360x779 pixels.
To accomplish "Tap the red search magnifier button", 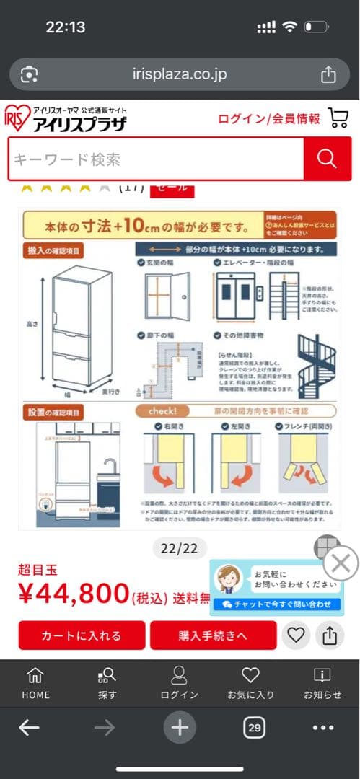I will point(327,159).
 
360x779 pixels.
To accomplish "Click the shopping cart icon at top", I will point(338,118).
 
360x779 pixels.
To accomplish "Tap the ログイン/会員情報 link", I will point(269,119).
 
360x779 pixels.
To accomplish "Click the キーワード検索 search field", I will point(155,159).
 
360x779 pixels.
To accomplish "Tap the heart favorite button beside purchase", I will point(297,635).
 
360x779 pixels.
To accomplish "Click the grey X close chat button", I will point(341,563).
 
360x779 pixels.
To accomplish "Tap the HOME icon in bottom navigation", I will point(35,682).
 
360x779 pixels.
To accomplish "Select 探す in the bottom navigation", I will point(107,682).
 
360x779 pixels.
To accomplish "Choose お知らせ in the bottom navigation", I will point(322,682).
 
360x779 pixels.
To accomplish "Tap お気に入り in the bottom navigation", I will point(250,682).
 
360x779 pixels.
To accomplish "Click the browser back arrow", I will point(29,728).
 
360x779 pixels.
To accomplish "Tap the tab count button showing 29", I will point(254,728).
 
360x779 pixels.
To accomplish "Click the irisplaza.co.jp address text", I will point(179,74).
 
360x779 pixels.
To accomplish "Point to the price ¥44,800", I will point(74,594).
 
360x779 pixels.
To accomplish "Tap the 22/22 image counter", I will point(179,549).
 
